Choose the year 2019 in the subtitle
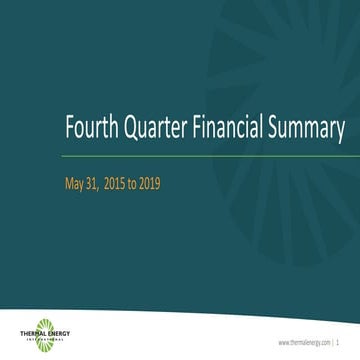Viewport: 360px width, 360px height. click(164, 184)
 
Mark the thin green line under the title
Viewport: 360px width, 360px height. click(200, 157)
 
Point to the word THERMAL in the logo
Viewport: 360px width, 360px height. click(33, 334)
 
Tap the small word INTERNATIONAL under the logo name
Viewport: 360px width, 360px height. click(45, 340)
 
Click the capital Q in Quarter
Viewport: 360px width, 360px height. click(127, 130)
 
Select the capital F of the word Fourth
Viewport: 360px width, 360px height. click(69, 130)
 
